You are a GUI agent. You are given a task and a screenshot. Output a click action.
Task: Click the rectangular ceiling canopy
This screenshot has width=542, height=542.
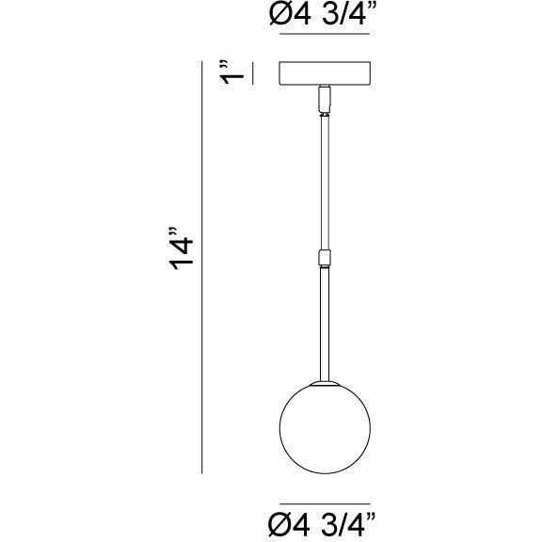[x=327, y=73]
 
